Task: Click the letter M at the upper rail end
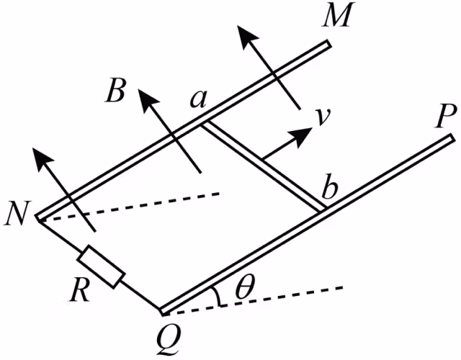point(337,15)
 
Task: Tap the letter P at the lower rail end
point(447,116)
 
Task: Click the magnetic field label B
point(115,90)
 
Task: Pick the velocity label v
point(322,117)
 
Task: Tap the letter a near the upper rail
point(197,99)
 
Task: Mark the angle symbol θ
point(246,286)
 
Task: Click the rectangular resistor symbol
point(101,266)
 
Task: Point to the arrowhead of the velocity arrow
point(301,137)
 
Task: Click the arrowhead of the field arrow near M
point(248,37)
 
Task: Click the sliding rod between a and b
point(263,166)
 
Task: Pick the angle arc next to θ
point(218,296)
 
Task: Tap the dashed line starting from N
point(130,207)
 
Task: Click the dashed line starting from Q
point(253,300)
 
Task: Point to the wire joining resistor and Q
point(140,294)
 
